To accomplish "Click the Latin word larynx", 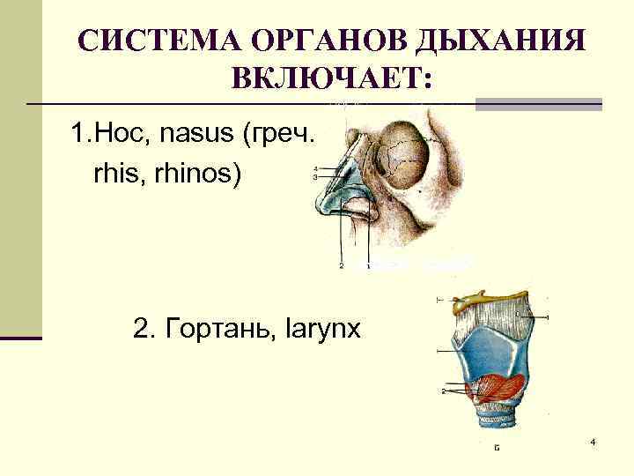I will [323, 331].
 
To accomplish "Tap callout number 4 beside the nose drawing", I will [315, 169].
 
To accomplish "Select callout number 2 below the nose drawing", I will [341, 265].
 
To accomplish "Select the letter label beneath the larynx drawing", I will [497, 448].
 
